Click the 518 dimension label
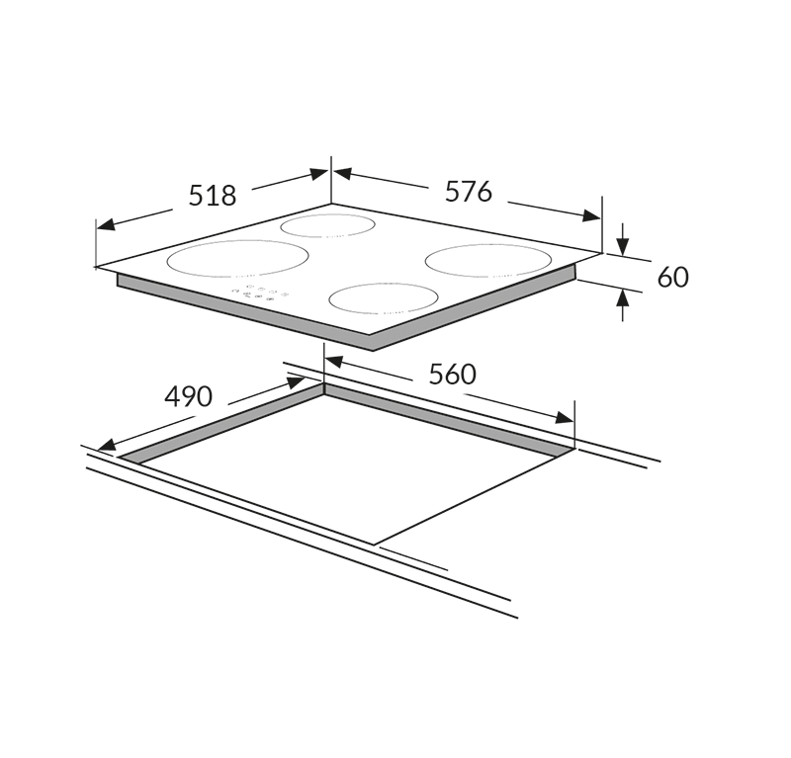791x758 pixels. (213, 196)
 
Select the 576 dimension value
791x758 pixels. (468, 192)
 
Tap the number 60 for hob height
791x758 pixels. (672, 277)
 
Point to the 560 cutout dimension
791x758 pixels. (453, 375)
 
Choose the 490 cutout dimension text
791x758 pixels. (188, 397)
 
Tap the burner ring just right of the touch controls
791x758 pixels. (384, 297)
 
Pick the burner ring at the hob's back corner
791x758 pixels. (328, 225)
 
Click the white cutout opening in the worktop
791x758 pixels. (346, 464)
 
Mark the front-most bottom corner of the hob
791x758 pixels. (371, 350)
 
